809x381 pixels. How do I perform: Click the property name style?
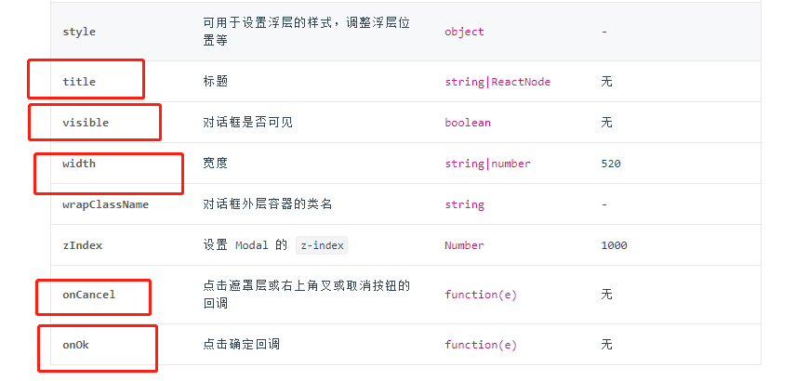click(79, 32)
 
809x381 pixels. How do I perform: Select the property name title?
click(79, 82)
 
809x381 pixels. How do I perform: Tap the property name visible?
click(86, 123)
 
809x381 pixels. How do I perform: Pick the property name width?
click(79, 164)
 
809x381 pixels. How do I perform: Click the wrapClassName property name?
click(105, 204)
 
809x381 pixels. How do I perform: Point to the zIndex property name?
click(83, 245)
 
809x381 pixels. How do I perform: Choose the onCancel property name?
click(89, 295)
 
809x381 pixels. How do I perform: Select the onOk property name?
click(75, 345)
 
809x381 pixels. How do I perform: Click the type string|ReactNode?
click(497, 82)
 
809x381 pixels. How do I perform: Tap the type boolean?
click(468, 123)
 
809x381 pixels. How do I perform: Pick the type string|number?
click(487, 164)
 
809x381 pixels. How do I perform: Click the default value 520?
click(611, 164)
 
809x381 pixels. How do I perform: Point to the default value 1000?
click(614, 245)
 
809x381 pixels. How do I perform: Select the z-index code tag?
click(322, 245)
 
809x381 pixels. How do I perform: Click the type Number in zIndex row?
click(464, 245)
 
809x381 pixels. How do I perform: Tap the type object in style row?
click(464, 32)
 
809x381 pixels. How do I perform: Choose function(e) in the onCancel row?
click(481, 295)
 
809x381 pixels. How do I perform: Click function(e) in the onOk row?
click(481, 345)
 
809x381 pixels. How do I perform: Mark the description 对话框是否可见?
click(247, 123)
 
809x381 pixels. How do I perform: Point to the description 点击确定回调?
click(241, 345)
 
